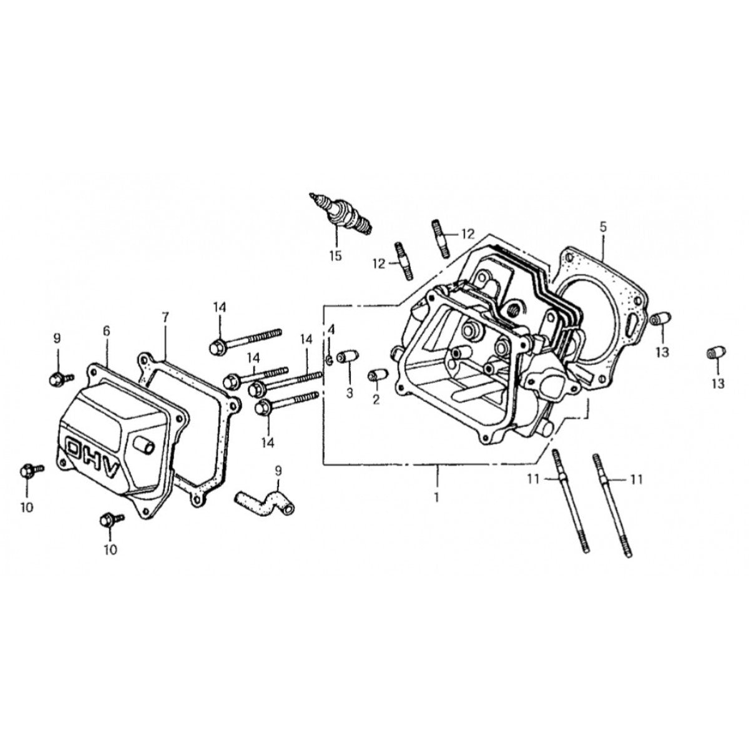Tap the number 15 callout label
pos(336,255)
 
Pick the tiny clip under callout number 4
pos(328,359)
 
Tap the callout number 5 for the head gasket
pos(603,226)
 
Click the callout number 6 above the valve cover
pos(106,330)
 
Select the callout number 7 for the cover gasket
pos(165,317)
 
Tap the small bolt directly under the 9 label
pos(59,378)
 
